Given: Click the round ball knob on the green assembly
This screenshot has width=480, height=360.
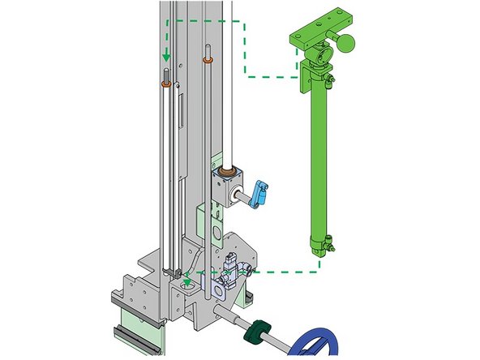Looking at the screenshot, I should pyautogui.click(x=347, y=43).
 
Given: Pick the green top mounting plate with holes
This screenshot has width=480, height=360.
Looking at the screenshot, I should pyautogui.click(x=322, y=24).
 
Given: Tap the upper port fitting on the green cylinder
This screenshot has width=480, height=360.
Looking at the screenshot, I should pyautogui.click(x=328, y=79).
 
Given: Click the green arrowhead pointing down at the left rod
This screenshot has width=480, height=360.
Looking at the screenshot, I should pyautogui.click(x=167, y=58).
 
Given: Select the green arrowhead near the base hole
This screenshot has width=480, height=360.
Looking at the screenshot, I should pyautogui.click(x=189, y=281).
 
